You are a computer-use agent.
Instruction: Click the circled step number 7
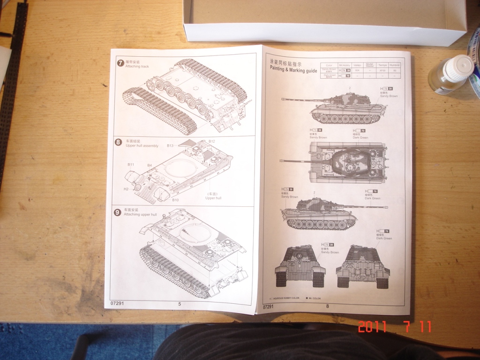pos(120,63)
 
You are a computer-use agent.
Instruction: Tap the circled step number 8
pos(118,142)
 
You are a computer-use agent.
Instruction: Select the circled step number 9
pos(118,212)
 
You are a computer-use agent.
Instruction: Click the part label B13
pos(170,146)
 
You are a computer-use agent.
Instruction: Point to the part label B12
pos(212,141)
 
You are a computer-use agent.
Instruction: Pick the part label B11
pos(131,165)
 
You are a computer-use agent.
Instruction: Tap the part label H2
pos(126,189)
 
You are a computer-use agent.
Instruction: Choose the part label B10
pos(175,200)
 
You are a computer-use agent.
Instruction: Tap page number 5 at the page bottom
pos(180,304)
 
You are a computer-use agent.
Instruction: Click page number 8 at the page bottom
pos(328,306)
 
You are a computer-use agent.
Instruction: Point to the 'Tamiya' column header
pos(382,65)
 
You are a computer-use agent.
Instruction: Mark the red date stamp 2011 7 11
pos(394,327)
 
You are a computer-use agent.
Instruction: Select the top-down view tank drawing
pos(335,162)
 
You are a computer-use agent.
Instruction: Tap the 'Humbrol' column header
pos(395,65)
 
